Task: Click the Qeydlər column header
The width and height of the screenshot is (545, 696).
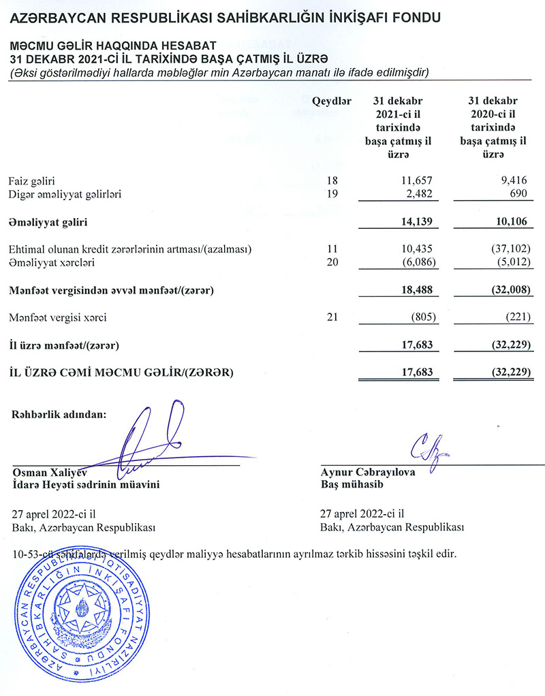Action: pos(331,101)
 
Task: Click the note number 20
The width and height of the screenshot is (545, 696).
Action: pos(333,262)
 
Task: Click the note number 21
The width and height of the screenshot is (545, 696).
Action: pos(333,317)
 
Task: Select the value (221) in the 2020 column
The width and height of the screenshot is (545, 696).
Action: pos(517,317)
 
